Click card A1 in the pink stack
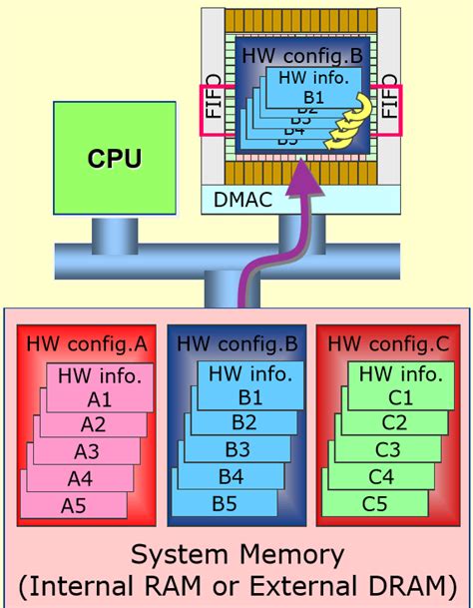(99, 398)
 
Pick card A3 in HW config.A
(87, 450)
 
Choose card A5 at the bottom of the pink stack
(75, 504)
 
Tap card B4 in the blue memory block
(231, 476)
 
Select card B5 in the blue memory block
(224, 502)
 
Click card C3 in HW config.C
(386, 450)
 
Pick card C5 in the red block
(374, 502)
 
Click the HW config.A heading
(86, 344)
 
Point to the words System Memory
(237, 554)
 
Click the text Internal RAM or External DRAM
(237, 584)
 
